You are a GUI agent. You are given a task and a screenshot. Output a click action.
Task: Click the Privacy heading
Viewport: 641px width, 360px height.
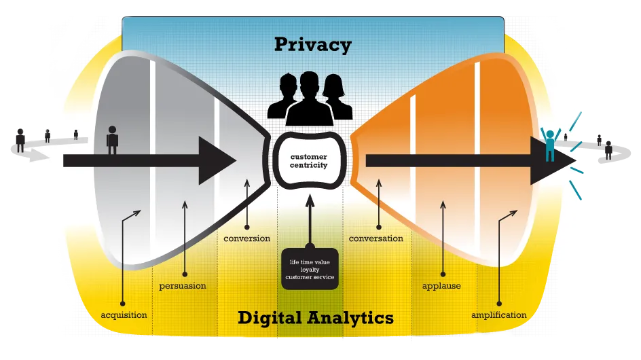click(313, 45)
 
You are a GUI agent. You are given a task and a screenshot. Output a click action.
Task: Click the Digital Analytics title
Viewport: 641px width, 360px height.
click(316, 317)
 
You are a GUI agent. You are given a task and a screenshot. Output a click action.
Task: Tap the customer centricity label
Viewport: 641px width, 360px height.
click(309, 161)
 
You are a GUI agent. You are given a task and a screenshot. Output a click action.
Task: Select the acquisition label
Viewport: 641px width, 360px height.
click(124, 315)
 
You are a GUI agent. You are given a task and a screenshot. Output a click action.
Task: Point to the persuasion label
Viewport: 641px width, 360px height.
click(183, 286)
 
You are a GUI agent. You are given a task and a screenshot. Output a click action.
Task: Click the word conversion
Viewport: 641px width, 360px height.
click(247, 238)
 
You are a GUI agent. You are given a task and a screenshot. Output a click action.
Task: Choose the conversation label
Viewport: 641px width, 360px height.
click(376, 238)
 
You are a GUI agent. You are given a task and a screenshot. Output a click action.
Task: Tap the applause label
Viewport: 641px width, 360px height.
click(441, 286)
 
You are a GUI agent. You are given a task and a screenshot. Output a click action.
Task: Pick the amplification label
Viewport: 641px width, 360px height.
click(498, 315)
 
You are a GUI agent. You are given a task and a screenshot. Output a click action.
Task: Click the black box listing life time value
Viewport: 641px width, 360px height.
click(310, 269)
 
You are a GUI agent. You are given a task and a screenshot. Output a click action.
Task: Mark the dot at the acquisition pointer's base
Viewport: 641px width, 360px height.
click(123, 303)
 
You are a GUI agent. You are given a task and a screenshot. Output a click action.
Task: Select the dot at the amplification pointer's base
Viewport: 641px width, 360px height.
click(499, 303)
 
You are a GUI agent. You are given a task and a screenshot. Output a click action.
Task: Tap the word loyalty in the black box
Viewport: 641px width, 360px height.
click(310, 269)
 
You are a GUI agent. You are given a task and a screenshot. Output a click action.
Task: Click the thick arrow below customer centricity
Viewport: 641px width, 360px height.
click(310, 217)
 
